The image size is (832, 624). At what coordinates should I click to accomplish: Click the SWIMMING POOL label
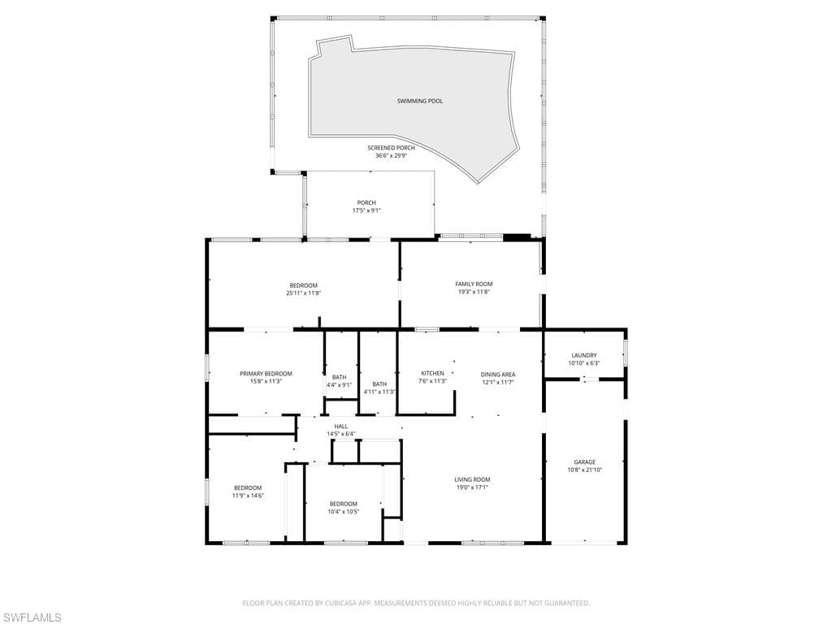pyautogui.click(x=420, y=101)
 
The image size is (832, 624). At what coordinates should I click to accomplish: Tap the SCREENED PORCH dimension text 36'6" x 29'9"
pyautogui.click(x=391, y=155)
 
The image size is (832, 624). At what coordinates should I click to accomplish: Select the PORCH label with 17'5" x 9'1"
pyautogui.click(x=366, y=203)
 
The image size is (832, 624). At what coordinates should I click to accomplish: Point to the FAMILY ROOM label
pyautogui.click(x=474, y=284)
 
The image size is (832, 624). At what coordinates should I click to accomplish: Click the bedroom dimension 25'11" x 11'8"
pyautogui.click(x=303, y=292)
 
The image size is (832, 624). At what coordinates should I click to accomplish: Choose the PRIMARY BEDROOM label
pyautogui.click(x=266, y=374)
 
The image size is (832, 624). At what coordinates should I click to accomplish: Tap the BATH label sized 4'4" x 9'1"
pyautogui.click(x=339, y=377)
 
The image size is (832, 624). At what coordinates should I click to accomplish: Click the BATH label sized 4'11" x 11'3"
pyautogui.click(x=379, y=384)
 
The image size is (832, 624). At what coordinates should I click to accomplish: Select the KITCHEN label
pyautogui.click(x=432, y=373)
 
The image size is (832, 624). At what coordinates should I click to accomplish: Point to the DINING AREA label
pyautogui.click(x=497, y=375)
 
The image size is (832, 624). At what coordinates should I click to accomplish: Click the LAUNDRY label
pyautogui.click(x=583, y=355)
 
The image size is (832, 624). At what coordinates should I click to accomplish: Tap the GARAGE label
pyautogui.click(x=584, y=462)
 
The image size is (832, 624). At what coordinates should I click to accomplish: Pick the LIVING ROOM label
pyautogui.click(x=472, y=479)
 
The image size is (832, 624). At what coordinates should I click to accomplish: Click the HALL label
pyautogui.click(x=341, y=426)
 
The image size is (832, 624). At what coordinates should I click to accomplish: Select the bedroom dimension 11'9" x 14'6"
pyautogui.click(x=248, y=495)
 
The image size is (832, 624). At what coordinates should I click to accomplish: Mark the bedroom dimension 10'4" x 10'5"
pyautogui.click(x=343, y=511)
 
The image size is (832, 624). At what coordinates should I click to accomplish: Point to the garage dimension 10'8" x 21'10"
pyautogui.click(x=584, y=470)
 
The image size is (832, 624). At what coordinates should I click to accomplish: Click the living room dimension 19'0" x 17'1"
pyautogui.click(x=472, y=487)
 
